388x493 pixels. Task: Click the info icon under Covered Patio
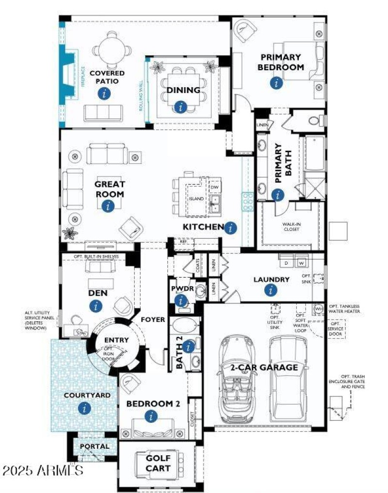[x=104, y=94]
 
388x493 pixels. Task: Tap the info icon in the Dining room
[x=181, y=107]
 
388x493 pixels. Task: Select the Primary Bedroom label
[x=280, y=63]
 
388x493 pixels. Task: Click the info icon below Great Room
[x=108, y=206]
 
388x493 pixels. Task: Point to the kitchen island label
[x=196, y=199]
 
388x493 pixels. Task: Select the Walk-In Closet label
[x=291, y=226]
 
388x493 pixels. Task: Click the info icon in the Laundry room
[x=271, y=290]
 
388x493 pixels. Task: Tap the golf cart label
[x=158, y=463]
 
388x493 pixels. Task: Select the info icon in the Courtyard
[x=85, y=408]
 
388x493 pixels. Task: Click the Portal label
[x=95, y=446]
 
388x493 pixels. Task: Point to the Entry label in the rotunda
[x=116, y=340]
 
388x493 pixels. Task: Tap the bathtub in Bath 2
[x=185, y=325]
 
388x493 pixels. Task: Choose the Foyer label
[x=153, y=320]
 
